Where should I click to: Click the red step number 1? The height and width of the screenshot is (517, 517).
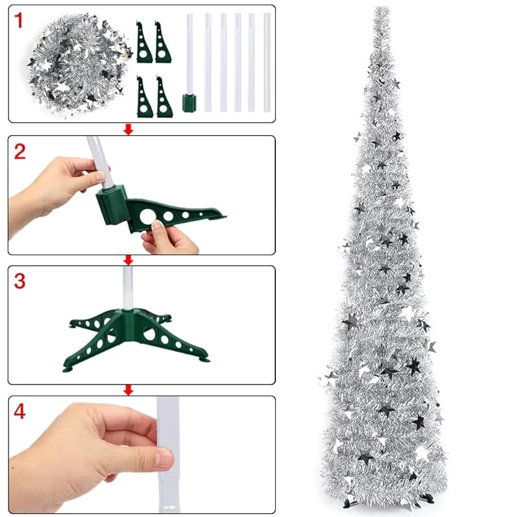19,21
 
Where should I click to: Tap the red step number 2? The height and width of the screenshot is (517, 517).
20,152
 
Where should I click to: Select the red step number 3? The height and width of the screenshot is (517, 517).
20,281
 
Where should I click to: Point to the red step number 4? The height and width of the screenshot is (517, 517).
20,412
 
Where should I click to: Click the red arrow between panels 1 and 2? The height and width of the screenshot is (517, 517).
128,129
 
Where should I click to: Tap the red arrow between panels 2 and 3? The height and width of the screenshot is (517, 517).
128,260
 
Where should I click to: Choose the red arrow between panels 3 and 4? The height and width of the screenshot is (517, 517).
128,390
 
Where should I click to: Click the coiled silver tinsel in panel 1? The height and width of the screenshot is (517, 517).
78,64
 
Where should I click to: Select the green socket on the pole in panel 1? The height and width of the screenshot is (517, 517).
189,103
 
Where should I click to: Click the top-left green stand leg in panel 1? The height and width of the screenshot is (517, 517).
143,43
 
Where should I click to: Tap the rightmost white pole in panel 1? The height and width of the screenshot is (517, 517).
267,63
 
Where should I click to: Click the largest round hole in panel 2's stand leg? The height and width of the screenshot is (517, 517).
147,216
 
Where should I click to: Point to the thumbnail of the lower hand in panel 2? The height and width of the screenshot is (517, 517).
158,226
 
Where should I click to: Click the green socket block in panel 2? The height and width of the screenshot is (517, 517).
112,205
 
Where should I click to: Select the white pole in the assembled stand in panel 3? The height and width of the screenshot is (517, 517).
127,288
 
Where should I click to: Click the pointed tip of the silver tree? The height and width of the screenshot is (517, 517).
382,7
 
